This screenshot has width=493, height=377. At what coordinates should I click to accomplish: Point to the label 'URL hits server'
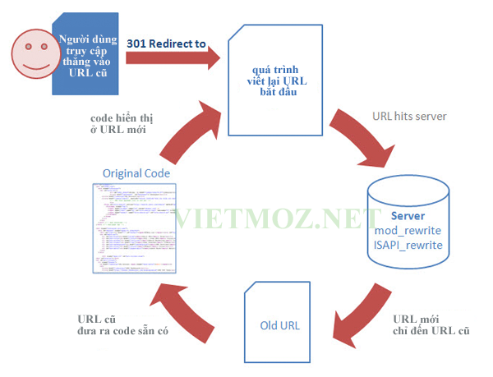[x=408, y=117]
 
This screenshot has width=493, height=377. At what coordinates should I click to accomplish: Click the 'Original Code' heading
[x=136, y=174]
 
